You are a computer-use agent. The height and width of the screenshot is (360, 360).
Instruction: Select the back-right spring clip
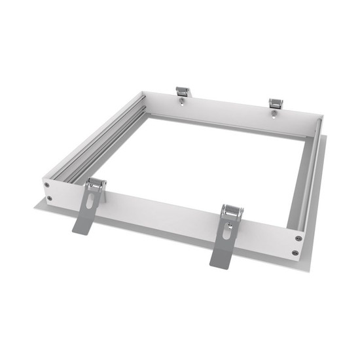click(276, 104)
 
